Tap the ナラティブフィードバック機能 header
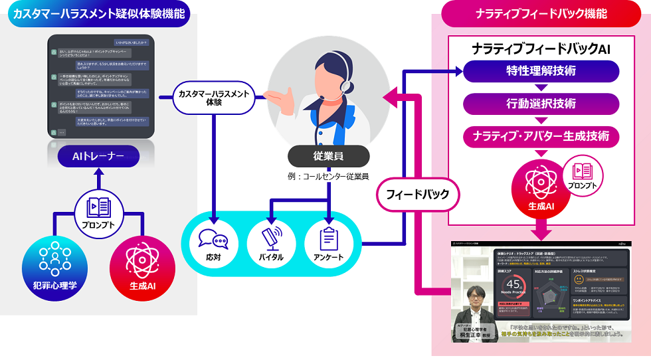(541, 13)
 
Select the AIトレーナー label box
(98, 157)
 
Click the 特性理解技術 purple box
(541, 71)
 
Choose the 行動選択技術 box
(541, 104)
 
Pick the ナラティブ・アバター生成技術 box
(541, 136)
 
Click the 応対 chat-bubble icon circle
(213, 242)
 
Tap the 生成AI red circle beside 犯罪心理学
(142, 265)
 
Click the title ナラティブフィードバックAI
(541, 48)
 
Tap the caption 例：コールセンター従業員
(328, 177)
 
